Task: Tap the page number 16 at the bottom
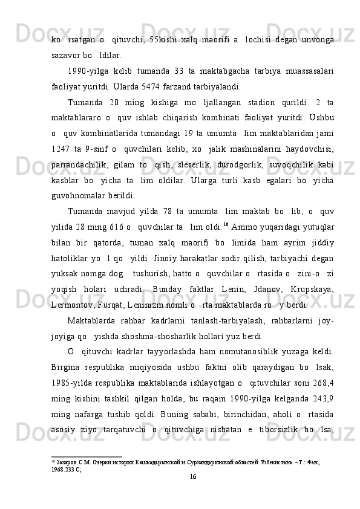[192, 494]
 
